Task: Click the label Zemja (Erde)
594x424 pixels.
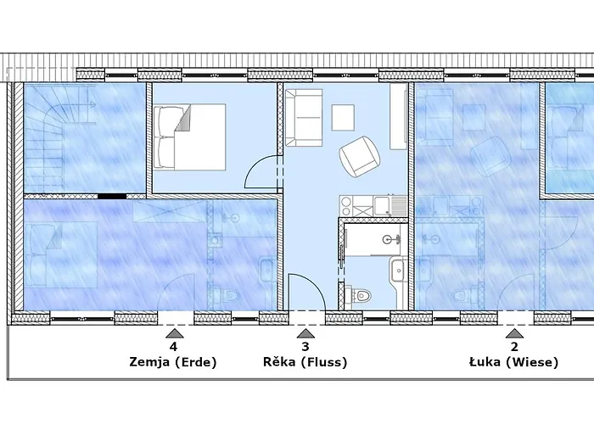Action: tap(173, 362)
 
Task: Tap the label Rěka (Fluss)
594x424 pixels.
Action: tap(305, 362)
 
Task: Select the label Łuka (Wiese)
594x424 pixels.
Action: tap(513, 362)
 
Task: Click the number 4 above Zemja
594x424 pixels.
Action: tap(173, 346)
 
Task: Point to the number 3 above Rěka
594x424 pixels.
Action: tap(305, 346)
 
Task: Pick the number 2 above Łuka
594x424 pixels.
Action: tap(514, 346)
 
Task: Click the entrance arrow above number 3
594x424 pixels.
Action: tap(305, 333)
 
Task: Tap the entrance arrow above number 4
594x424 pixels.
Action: tap(174, 333)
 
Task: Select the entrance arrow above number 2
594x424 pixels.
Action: tap(514, 333)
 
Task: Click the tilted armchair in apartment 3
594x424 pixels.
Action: tap(359, 156)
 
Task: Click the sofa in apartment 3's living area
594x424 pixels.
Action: tap(304, 118)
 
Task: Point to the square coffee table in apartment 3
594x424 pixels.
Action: tap(343, 118)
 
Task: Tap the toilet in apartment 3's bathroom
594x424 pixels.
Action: tap(362, 295)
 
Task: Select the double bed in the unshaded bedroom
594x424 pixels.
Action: tap(189, 137)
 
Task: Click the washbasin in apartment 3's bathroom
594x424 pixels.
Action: tap(398, 270)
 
